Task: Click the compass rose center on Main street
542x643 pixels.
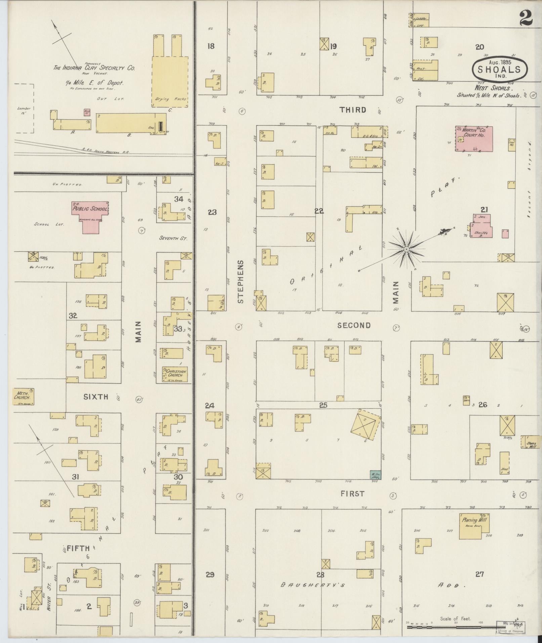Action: point(406,249)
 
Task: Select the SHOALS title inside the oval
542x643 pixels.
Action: point(499,70)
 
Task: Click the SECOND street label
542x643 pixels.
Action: point(354,325)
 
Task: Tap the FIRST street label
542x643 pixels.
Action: point(352,494)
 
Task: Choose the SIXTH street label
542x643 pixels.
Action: point(96,397)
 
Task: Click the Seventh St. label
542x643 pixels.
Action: point(173,238)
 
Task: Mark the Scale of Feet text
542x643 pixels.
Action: point(456,618)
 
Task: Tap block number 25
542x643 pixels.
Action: point(323,405)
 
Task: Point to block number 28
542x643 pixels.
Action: point(320,574)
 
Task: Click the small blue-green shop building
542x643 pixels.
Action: point(375,475)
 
